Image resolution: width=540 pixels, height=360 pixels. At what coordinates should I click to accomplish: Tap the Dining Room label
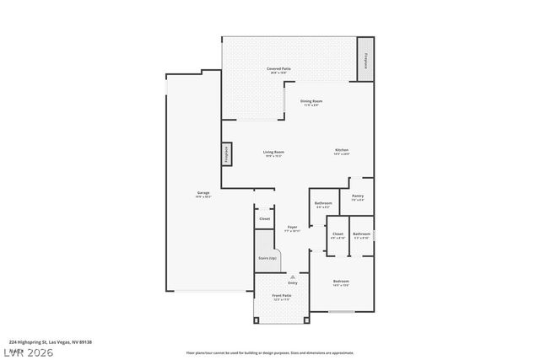(x=311, y=101)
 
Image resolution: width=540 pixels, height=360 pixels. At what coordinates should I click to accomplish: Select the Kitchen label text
(x=341, y=150)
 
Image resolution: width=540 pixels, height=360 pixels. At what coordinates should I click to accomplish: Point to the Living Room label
(x=273, y=153)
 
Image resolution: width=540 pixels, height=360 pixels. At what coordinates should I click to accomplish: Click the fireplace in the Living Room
(x=226, y=154)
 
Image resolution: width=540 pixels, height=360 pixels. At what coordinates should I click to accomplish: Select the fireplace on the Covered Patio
(x=365, y=60)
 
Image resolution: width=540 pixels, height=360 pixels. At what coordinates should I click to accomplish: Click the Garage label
(x=203, y=194)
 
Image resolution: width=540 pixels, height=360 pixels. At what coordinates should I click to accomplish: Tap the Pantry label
(x=357, y=196)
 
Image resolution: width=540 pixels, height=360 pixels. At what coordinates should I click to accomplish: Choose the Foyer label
(x=292, y=227)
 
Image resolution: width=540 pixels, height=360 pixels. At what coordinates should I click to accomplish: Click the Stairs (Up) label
(x=267, y=258)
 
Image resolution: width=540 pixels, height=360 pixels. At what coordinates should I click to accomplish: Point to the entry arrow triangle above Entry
(x=292, y=277)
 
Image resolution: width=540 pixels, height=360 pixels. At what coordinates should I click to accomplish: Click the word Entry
(x=292, y=282)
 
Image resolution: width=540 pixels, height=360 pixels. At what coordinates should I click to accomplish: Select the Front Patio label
(x=281, y=296)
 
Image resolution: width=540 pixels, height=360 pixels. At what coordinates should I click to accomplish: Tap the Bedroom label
(x=341, y=282)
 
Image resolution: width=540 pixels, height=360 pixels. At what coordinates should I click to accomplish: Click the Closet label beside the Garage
(x=264, y=218)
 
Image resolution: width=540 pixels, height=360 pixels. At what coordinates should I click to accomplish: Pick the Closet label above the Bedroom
(x=337, y=234)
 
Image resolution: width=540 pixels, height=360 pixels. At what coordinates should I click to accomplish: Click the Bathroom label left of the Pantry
(x=323, y=203)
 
